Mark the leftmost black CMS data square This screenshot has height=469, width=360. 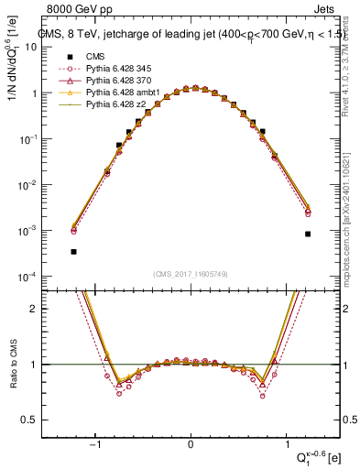73,251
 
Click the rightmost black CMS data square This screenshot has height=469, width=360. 308,234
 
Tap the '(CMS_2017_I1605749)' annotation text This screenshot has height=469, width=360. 190,274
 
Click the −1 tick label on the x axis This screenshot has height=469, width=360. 95,443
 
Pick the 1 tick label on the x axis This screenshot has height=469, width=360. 285,443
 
